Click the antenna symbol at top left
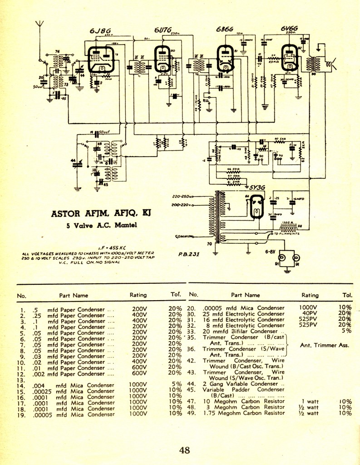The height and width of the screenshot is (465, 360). (40, 25)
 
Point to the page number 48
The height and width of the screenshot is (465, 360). (184, 450)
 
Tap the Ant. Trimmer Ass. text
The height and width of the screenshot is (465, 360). (325, 345)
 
